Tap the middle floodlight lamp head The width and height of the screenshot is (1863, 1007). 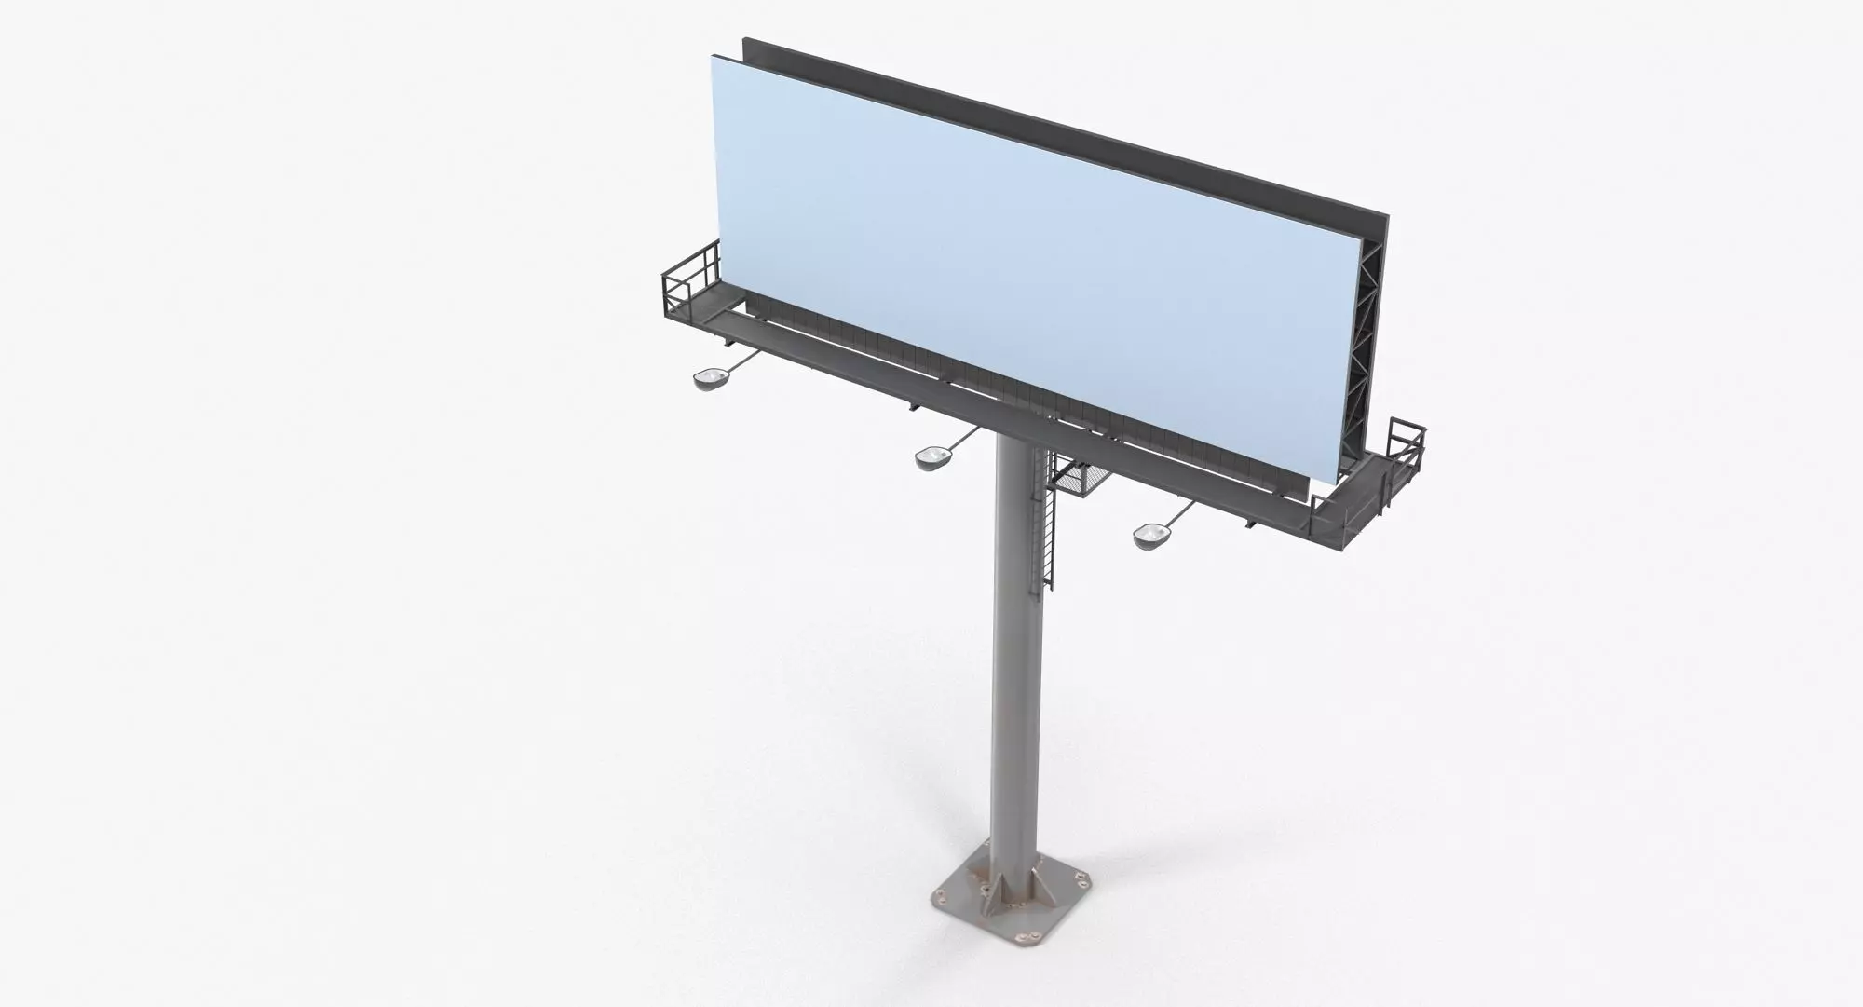click(x=931, y=457)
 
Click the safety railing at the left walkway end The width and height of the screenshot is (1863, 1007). click(x=689, y=279)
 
